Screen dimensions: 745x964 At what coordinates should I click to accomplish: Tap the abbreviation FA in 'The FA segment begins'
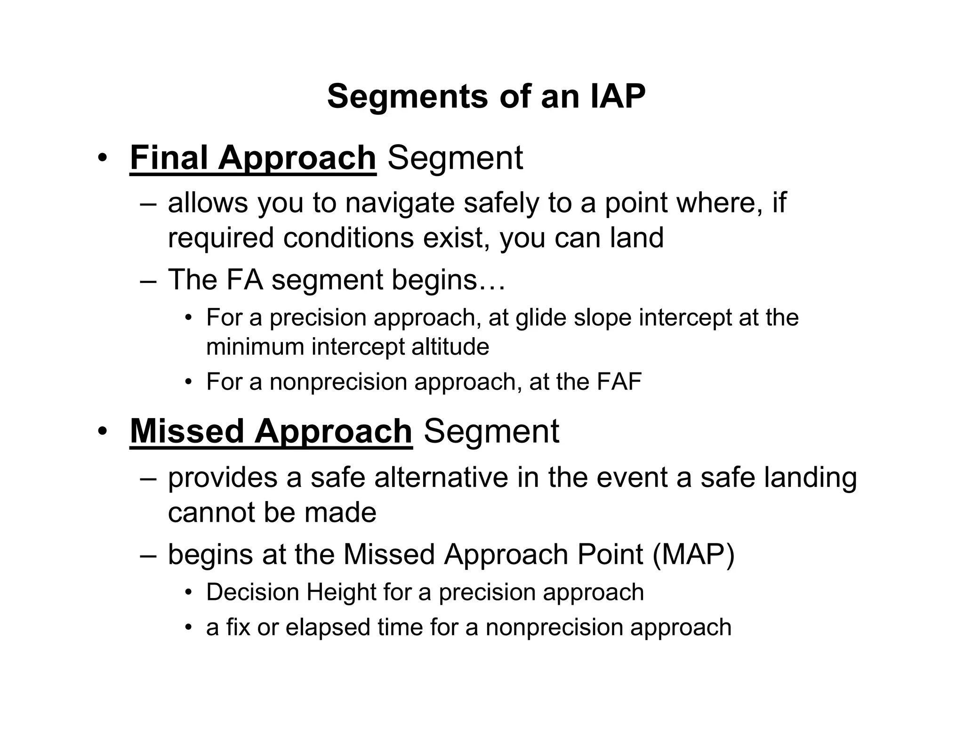(x=244, y=279)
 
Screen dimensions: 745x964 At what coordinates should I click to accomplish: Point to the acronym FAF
(x=619, y=381)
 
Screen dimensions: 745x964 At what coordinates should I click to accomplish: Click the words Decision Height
(x=290, y=592)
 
